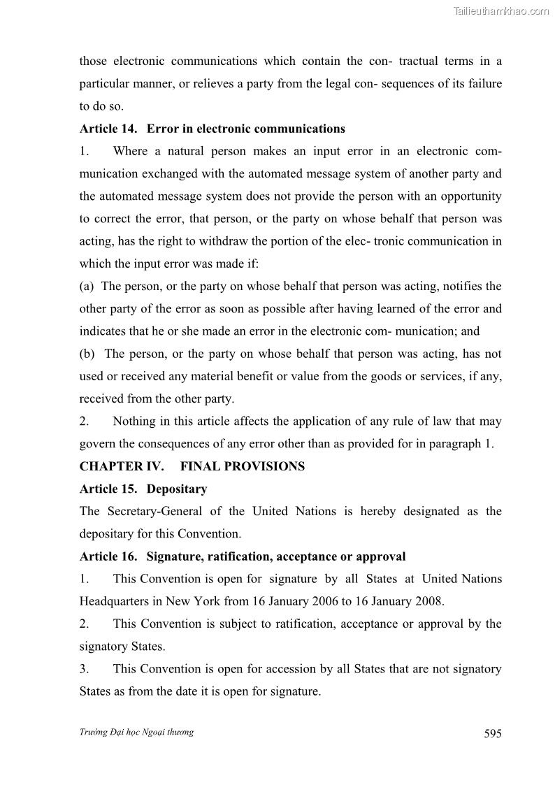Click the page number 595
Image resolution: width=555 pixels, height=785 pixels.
tap(492, 733)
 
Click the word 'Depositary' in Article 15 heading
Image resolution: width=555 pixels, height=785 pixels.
tap(177, 489)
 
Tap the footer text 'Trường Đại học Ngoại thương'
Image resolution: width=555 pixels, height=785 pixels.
tap(136, 732)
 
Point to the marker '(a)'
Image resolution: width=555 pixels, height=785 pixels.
tap(87, 286)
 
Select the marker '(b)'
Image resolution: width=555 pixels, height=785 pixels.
tap(88, 354)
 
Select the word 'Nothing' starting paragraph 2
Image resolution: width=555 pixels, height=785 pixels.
tap(136, 422)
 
